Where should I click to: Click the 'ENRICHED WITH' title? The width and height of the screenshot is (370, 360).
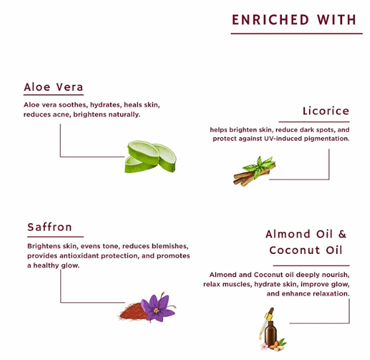click(294, 20)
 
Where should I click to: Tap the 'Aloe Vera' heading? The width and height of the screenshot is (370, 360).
click(53, 87)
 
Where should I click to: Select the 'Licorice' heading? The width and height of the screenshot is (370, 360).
click(326, 111)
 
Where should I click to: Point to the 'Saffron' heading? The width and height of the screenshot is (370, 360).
click(50, 227)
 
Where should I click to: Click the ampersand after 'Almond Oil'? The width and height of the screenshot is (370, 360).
click(342, 234)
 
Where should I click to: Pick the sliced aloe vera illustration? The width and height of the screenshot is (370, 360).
click(151, 157)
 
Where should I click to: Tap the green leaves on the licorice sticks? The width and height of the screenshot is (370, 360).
click(259, 165)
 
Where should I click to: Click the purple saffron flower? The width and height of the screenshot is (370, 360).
click(157, 308)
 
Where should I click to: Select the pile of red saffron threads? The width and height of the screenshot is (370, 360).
click(131, 311)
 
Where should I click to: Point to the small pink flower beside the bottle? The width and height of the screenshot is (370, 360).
click(265, 346)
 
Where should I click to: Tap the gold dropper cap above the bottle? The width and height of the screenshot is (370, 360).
click(269, 314)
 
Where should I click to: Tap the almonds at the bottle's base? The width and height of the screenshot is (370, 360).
click(276, 346)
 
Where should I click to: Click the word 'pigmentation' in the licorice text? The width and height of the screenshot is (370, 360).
click(327, 139)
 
